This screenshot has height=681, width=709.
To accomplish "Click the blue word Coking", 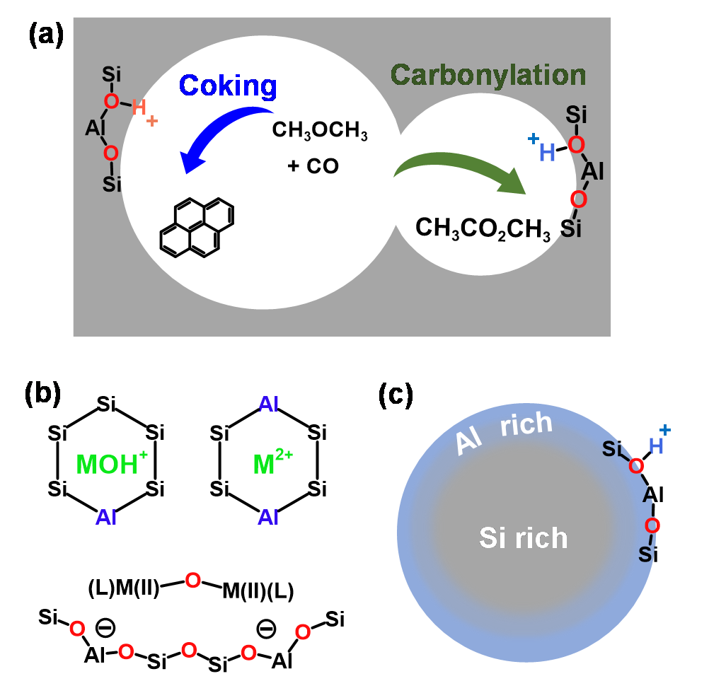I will click(227, 86).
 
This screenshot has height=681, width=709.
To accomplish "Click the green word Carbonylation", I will click(488, 75).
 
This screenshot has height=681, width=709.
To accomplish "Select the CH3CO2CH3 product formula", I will click(483, 228).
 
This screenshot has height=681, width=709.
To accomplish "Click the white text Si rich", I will click(524, 538).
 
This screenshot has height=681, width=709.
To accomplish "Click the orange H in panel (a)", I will click(139, 110).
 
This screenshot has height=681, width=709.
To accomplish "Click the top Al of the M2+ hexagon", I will click(269, 404).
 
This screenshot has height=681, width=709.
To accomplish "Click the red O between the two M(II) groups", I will click(192, 580).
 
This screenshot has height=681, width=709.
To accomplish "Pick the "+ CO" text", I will click(313, 166).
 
